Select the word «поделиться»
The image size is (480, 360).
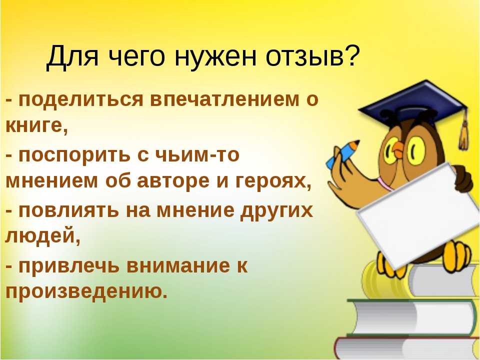[81, 100]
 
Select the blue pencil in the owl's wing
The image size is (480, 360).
[342, 154]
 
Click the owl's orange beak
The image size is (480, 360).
[399, 148]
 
